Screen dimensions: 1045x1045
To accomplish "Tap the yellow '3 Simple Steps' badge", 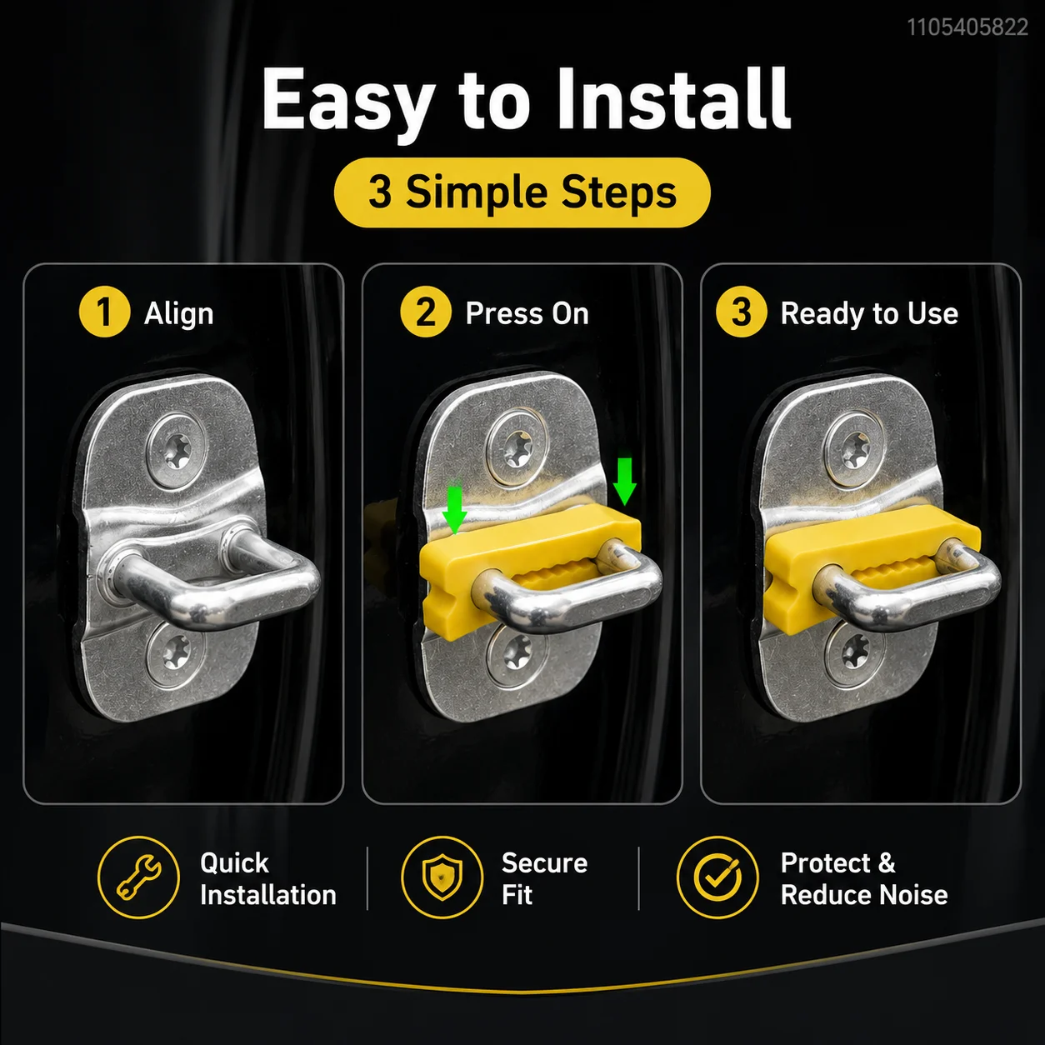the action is click(522, 192).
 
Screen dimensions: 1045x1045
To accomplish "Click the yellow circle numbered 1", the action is click(104, 312).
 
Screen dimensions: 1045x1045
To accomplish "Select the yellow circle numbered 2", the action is click(426, 312).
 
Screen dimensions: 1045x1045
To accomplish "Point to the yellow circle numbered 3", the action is click(742, 312).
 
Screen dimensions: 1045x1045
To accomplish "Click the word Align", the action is click(179, 314).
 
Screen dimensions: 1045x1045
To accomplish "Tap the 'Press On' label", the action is click(527, 313).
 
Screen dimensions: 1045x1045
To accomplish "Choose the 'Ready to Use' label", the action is click(869, 314).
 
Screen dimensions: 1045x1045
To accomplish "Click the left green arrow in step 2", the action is click(454, 509).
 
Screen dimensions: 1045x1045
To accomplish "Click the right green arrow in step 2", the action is click(625, 481).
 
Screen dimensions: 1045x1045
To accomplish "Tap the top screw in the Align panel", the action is click(177, 452).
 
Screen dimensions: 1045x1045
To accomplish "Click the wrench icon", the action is click(139, 878).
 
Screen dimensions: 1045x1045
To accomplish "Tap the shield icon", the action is click(442, 877).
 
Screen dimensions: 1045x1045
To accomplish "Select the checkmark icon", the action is click(717, 877).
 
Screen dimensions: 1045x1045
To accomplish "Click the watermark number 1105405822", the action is click(967, 27).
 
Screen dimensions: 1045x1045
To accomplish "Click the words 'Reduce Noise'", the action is click(864, 895).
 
